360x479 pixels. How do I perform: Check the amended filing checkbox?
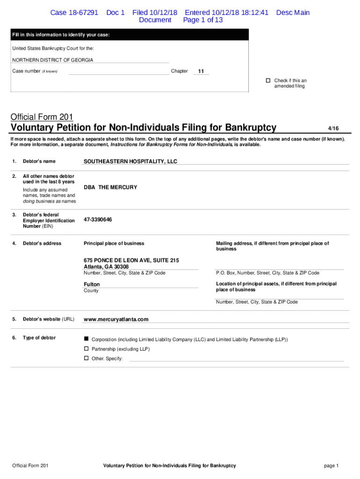click(268, 80)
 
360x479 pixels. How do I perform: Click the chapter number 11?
click(201, 72)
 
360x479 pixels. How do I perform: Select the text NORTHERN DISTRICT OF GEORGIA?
click(52, 60)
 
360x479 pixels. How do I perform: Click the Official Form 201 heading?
click(42, 117)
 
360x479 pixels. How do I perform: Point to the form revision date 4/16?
click(333, 128)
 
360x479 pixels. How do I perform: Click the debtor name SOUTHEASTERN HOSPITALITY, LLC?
click(130, 161)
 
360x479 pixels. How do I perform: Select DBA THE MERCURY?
click(110, 187)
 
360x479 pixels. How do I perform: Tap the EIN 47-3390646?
click(98, 219)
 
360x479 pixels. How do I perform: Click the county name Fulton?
click(92, 284)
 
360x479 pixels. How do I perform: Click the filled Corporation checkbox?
click(86, 339)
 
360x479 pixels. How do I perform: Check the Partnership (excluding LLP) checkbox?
click(86, 349)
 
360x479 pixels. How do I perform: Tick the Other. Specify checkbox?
click(86, 358)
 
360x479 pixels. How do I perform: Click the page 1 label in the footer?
click(331, 466)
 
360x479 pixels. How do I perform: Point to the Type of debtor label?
click(39, 338)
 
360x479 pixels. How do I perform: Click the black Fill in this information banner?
click(130, 35)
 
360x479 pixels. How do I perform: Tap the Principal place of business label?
click(114, 243)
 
